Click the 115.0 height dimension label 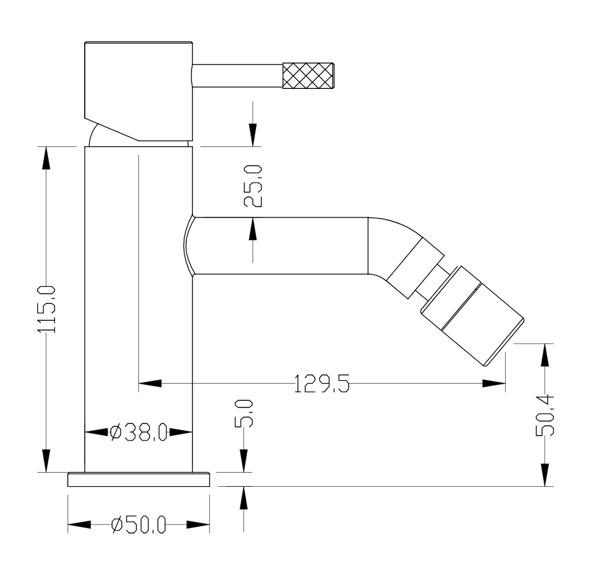coord(46,309)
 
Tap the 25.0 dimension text coord(253,186)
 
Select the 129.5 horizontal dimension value coord(322,384)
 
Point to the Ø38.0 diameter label coord(139,432)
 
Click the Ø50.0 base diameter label coord(139,524)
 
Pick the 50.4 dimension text coord(544,414)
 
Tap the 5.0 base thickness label coord(244,414)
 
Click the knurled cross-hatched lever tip coord(308,76)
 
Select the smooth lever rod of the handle coord(238,76)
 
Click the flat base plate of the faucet coord(138,479)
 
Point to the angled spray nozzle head coord(472,316)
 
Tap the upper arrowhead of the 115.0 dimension coord(46,158)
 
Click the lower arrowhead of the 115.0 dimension coord(46,461)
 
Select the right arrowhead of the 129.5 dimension coord(494,384)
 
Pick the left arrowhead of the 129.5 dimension coord(150,384)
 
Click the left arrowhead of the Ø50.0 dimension coord(79,524)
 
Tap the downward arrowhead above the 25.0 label coord(253,135)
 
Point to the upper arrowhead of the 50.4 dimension coord(544,355)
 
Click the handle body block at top coord(138,91)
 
